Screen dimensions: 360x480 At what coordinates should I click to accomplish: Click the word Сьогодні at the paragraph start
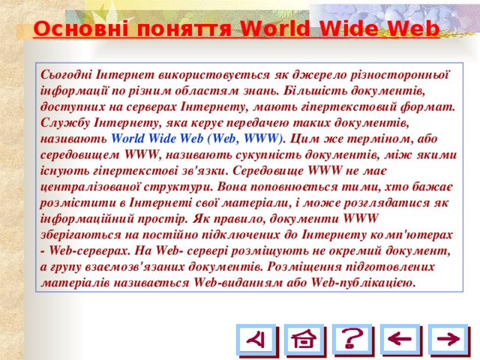click(x=70, y=75)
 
